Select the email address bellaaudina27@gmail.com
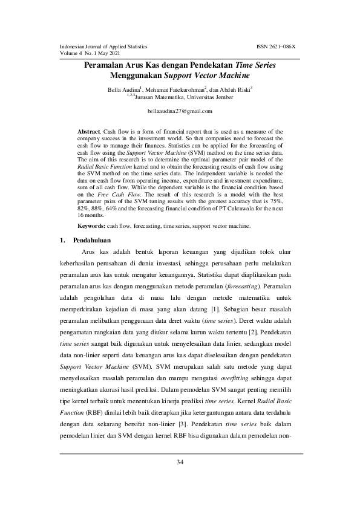(180, 111)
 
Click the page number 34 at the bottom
(180, 462)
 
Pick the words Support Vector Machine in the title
(205, 76)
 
